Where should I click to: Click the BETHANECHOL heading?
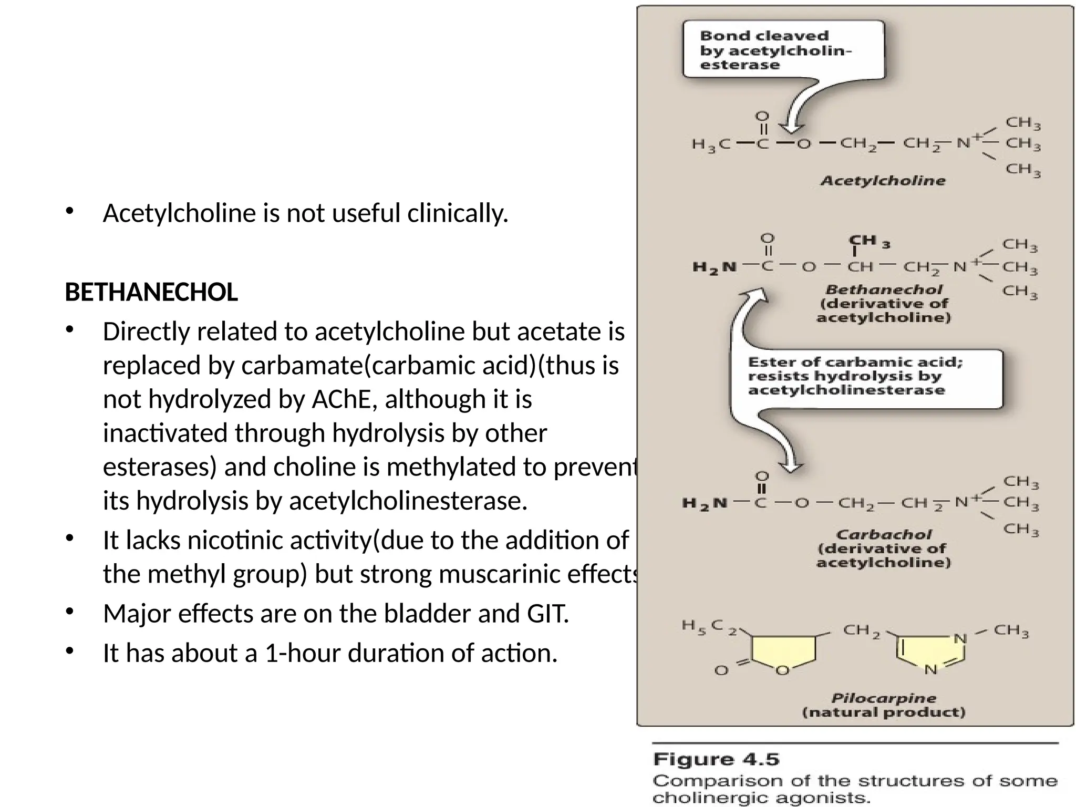click(151, 292)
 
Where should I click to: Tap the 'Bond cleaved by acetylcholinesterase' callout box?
click(783, 50)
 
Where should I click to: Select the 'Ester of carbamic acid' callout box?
click(867, 376)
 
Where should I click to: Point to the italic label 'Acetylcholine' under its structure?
click(883, 181)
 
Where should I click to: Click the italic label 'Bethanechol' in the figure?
click(884, 289)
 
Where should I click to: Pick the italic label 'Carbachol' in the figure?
click(884, 535)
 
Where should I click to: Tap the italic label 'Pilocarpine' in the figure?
click(884, 698)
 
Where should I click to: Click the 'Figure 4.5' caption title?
click(716, 760)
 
